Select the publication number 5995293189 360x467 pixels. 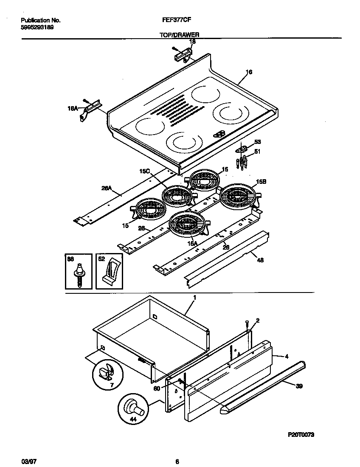tap(37, 27)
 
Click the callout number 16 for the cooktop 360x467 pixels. tap(249, 72)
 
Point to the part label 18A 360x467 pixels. tap(73, 109)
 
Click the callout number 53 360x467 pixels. tap(257, 142)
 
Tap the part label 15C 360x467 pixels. tap(145, 171)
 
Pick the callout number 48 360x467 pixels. tap(260, 260)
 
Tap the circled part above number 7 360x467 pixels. tap(104, 372)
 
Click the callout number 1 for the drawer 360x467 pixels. tap(194, 298)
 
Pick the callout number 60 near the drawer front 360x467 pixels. tap(157, 388)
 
